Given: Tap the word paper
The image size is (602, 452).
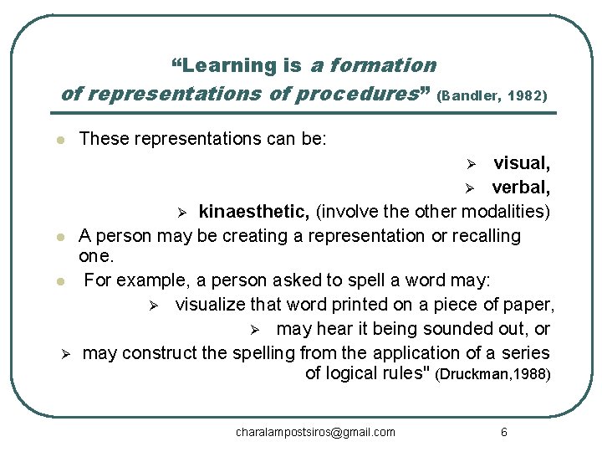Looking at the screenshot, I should point(530,303).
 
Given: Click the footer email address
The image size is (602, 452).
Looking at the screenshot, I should point(315,432).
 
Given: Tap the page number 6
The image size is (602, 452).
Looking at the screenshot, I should point(503,432).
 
